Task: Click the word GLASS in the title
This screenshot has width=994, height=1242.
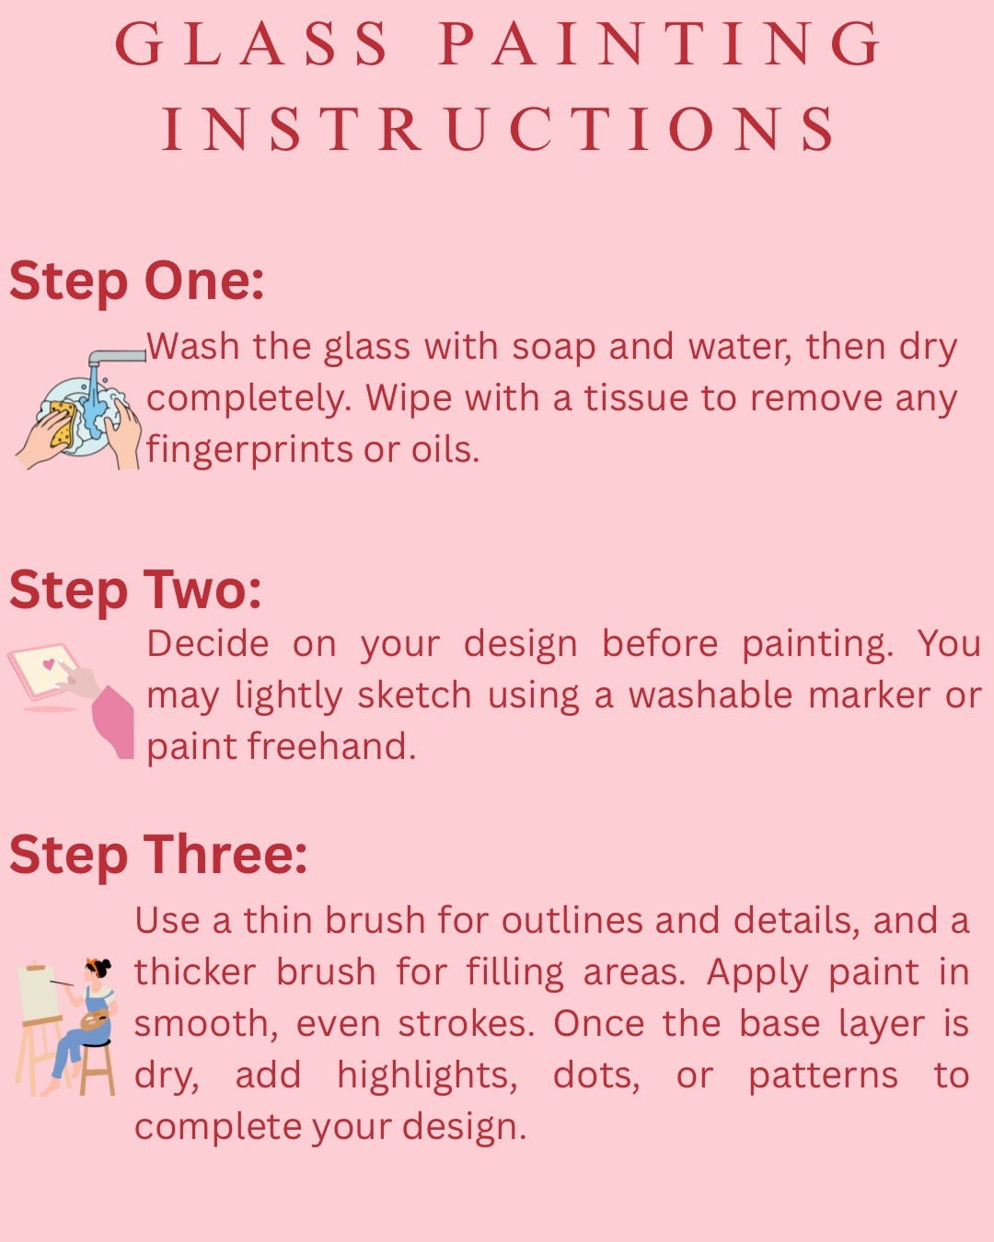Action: (x=252, y=44)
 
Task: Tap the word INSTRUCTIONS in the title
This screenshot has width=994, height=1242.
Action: (x=499, y=129)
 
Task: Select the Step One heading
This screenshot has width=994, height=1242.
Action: (x=136, y=282)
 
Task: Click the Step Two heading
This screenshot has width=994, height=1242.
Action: (x=135, y=590)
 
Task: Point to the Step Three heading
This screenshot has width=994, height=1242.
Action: (x=157, y=855)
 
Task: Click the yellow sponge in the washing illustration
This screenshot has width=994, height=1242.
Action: (x=62, y=423)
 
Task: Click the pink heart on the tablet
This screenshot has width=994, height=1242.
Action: (x=49, y=663)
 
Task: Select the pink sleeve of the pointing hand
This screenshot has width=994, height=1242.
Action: (x=113, y=721)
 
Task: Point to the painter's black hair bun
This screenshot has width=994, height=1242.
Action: (x=105, y=964)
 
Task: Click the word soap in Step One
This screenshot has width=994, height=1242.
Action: (x=553, y=349)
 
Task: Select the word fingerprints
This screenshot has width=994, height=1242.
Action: (x=248, y=450)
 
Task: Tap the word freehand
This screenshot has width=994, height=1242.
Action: (x=331, y=746)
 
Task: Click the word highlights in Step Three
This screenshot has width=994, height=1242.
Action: (x=427, y=1075)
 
